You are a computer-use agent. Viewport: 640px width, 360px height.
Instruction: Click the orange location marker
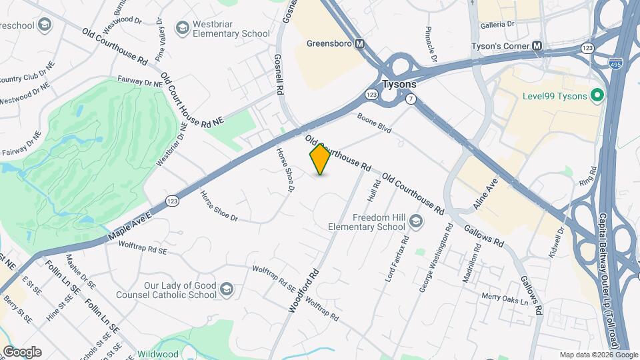(320, 159)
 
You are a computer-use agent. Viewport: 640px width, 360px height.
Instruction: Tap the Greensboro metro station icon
(360, 44)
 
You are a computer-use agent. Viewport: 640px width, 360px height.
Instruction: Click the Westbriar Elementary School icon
(182, 28)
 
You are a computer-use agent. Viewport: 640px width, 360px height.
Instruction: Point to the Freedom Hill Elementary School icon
(415, 221)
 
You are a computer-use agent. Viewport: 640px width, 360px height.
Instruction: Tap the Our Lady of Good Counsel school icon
(227, 289)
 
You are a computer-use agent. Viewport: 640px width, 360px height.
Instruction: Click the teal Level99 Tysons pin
(597, 96)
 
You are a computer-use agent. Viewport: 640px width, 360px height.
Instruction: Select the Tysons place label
(399, 85)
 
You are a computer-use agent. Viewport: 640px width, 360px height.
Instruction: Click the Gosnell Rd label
(279, 73)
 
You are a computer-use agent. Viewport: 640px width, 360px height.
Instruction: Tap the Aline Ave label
(486, 194)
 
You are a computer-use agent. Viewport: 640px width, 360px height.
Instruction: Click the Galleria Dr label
(502, 24)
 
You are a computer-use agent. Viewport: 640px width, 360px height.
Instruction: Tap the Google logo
(21, 351)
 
